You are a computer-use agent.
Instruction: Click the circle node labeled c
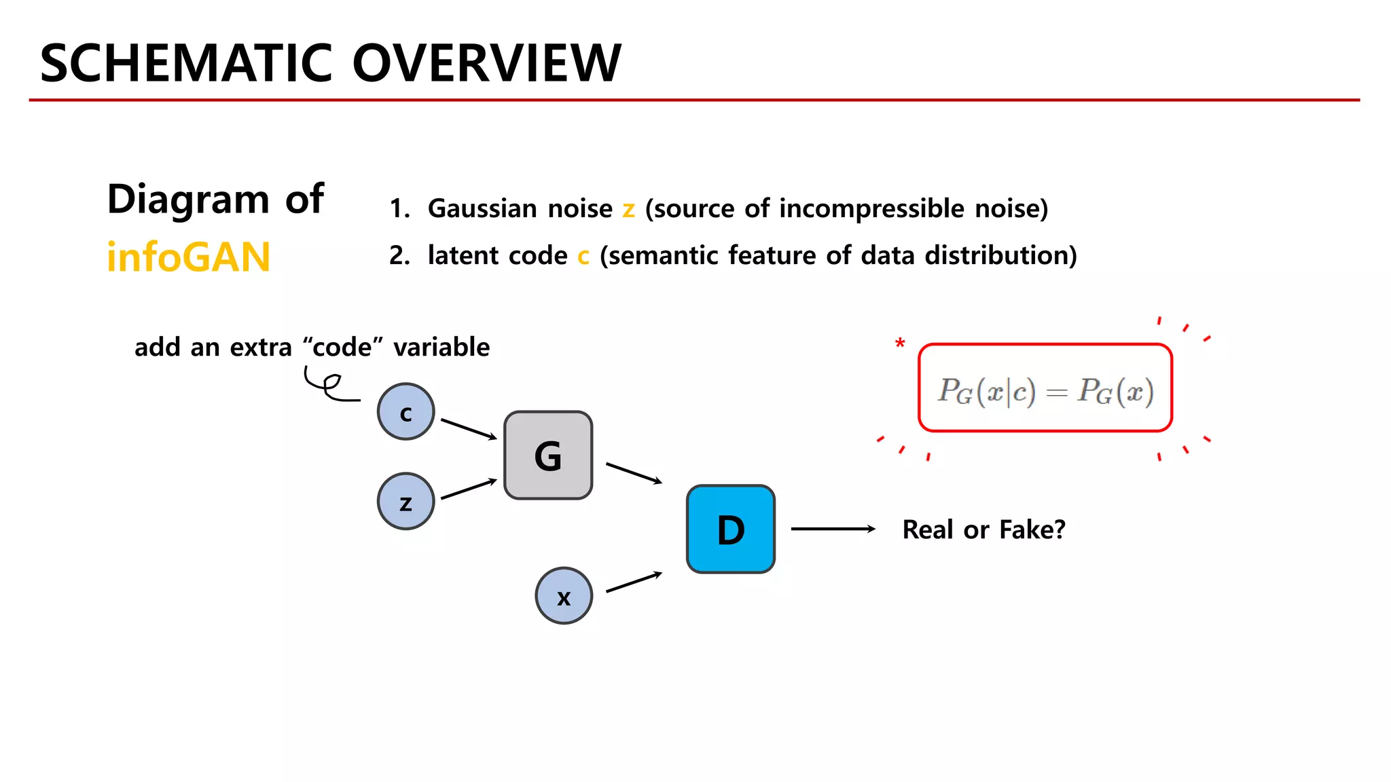(405, 411)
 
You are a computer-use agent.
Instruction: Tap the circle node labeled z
(405, 502)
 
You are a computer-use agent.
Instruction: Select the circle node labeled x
(564, 596)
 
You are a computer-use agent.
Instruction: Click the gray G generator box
(548, 455)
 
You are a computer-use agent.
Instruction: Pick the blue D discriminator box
(731, 529)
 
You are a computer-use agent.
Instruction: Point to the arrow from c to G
(469, 429)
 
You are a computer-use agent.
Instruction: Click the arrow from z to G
(469, 489)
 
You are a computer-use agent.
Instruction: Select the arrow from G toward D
(634, 473)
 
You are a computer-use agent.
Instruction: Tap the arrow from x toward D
(634, 582)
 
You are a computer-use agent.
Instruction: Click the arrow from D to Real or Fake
(833, 529)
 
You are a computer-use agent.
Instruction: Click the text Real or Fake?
(983, 529)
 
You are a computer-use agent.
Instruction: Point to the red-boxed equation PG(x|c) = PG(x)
(1045, 388)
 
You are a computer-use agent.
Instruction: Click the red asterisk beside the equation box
(900, 343)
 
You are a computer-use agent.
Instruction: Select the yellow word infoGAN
(189, 257)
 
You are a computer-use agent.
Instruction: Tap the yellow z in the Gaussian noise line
(629, 209)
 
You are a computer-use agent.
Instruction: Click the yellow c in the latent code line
(583, 257)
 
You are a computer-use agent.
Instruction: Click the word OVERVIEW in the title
(486, 63)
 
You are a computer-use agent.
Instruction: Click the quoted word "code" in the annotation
(343, 347)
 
